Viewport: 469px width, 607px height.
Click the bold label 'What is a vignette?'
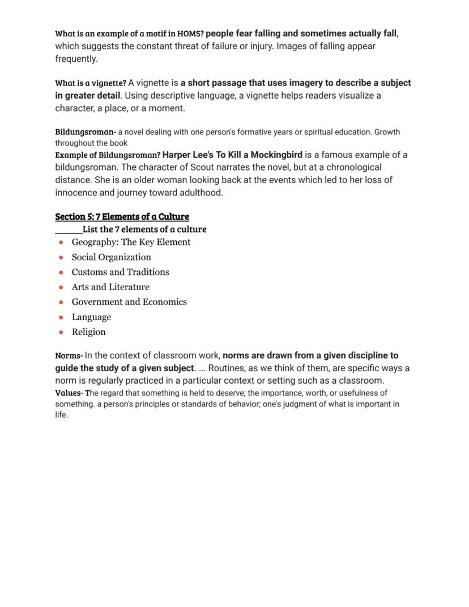90,83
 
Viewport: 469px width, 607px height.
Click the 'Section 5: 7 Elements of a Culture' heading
122,217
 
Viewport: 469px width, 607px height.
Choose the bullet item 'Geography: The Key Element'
131,242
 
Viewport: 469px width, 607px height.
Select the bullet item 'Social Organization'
111,257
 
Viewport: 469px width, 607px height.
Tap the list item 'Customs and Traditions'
120,272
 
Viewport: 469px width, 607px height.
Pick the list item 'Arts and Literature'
110,287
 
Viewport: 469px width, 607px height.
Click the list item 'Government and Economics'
129,302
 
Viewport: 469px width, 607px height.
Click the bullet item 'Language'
91,317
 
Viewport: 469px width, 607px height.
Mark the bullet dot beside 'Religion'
61,332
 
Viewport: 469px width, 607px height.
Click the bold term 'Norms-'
69,356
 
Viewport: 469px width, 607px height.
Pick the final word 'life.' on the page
61,415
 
